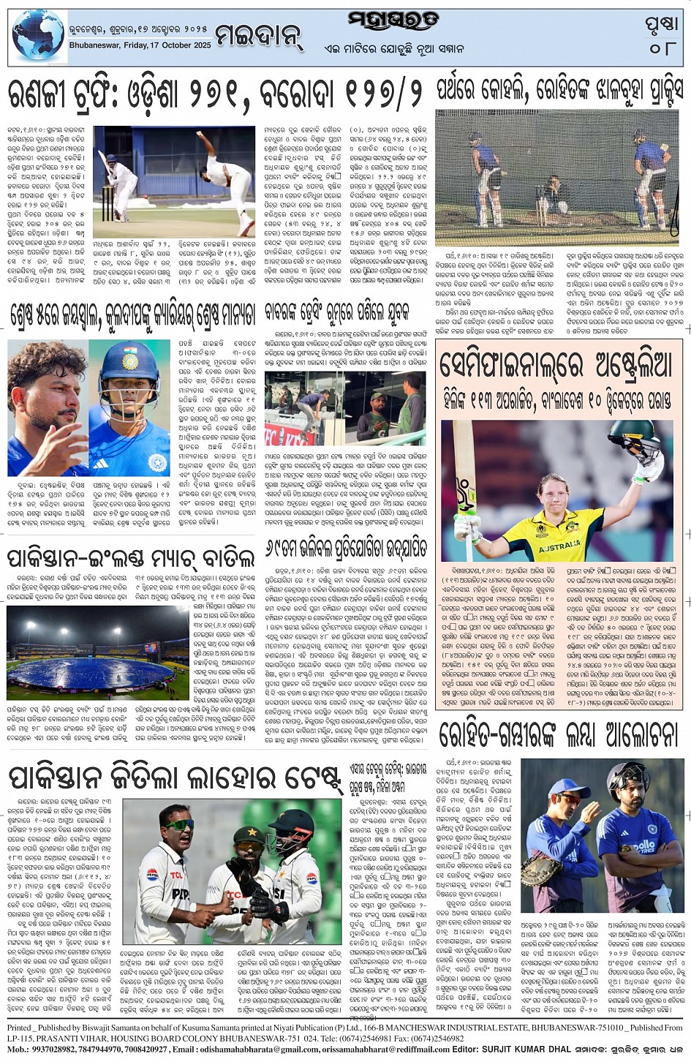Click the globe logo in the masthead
[38, 37]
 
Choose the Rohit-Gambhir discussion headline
[559, 735]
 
